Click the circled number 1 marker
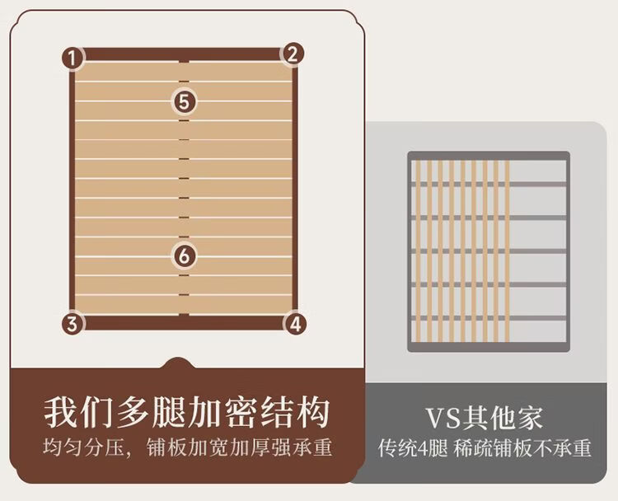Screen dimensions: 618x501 tap(73, 58)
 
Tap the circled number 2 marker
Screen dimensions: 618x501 tap(293, 54)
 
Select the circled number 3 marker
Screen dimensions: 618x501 tap(73, 324)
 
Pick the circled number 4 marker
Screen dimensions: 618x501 tap(297, 322)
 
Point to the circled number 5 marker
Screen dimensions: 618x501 tap(185, 101)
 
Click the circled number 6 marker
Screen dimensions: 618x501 tap(185, 255)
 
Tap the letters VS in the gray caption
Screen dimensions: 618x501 tap(446, 417)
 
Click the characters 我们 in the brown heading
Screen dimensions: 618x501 tap(71, 411)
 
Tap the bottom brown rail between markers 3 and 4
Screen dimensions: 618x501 tap(185, 322)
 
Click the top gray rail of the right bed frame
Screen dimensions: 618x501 tap(489, 156)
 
